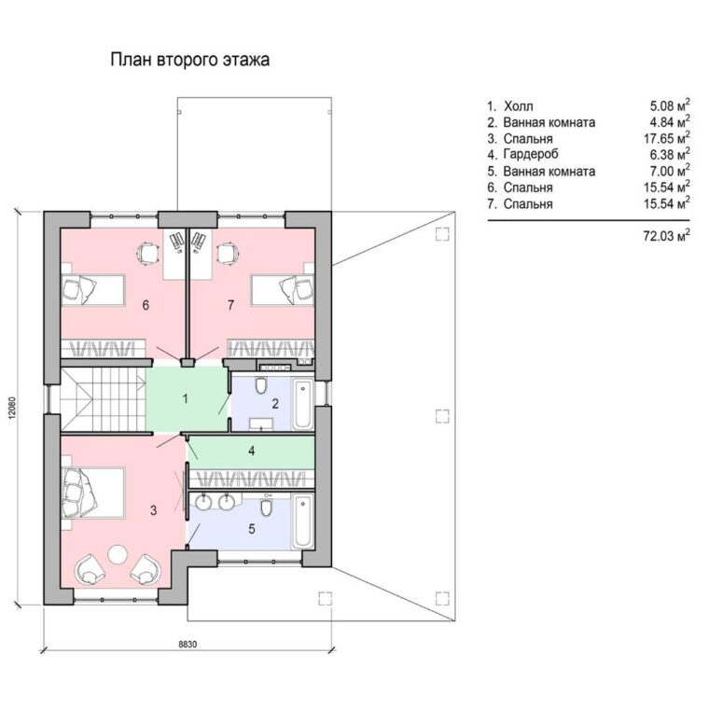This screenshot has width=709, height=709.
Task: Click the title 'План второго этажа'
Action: tap(190, 60)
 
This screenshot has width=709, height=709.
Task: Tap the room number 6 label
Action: tap(146, 305)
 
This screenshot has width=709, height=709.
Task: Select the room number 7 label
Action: tap(231, 305)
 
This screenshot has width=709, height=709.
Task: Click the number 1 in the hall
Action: tap(185, 399)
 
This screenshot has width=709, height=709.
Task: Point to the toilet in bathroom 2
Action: tap(261, 384)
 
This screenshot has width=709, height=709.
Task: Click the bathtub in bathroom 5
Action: tap(302, 521)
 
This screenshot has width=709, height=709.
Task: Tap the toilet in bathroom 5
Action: tap(266, 507)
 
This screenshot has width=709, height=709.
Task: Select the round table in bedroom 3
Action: tap(118, 553)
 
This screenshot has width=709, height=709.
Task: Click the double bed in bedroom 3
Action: tap(92, 493)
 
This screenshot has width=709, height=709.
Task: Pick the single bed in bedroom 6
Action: tap(92, 290)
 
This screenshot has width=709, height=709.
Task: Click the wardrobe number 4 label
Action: tap(251, 451)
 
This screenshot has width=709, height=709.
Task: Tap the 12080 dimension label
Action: tap(12, 409)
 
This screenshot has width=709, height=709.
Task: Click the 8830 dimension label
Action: tap(188, 645)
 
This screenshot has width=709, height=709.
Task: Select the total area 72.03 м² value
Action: tap(666, 235)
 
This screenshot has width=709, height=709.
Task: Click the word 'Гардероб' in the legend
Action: tap(531, 154)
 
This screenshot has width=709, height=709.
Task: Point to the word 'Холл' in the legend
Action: tap(518, 106)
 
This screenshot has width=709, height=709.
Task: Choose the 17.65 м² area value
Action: tap(666, 138)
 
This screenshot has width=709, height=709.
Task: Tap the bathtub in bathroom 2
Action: tap(302, 404)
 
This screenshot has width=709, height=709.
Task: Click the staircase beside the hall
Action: tap(104, 399)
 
